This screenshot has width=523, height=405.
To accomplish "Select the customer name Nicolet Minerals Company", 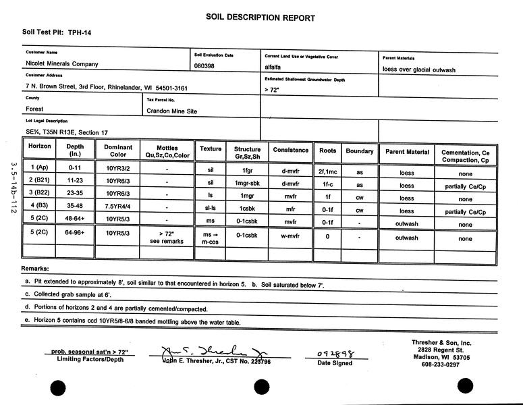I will point(62,64).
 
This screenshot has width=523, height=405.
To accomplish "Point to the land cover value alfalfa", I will point(275,67).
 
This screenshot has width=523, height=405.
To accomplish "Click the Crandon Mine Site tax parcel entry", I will point(171,111).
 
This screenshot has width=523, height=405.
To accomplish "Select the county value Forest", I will point(34,109).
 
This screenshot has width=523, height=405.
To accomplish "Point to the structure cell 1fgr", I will point(247,172).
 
